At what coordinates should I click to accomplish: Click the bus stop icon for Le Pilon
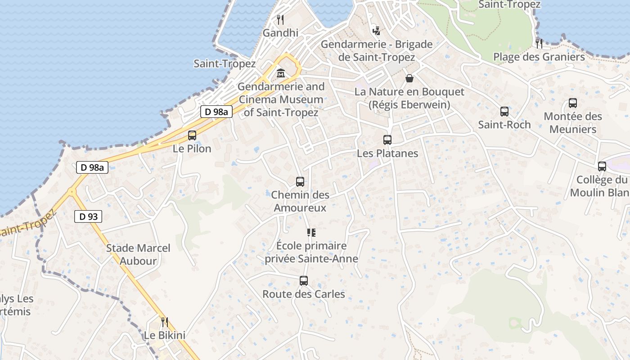[192, 135]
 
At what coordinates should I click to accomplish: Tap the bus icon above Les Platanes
[387, 140]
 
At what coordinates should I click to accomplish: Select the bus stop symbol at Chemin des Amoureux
[300, 182]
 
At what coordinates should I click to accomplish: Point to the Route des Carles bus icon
[304, 281]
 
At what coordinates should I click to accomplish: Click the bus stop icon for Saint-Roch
[504, 112]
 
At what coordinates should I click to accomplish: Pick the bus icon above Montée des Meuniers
[573, 103]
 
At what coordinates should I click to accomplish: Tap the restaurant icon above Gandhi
[280, 20]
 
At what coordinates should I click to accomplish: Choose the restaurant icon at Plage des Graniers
[539, 44]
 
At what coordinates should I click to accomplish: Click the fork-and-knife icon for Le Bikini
[165, 322]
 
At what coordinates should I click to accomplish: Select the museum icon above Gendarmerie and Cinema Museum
[281, 73]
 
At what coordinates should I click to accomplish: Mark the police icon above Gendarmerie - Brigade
[377, 31]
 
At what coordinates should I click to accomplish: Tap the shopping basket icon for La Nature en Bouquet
[409, 78]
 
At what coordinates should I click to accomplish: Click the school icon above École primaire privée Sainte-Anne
[311, 233]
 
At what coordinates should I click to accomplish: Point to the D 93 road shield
[88, 216]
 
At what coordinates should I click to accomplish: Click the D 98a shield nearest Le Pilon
[216, 112]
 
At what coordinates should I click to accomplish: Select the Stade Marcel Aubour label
[138, 254]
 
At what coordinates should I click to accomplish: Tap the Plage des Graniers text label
[539, 57]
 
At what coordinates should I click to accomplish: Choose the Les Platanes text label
[387, 153]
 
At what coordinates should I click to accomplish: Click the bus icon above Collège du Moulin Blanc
[602, 166]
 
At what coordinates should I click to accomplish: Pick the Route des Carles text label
[304, 294]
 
